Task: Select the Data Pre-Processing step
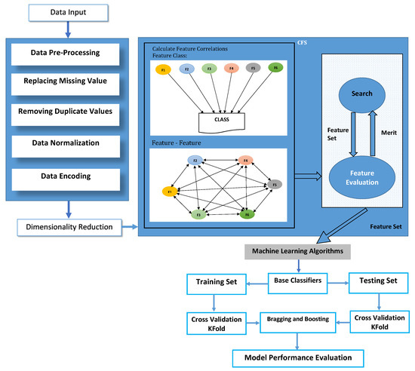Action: [x=69, y=54]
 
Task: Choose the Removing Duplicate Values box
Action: [x=69, y=112]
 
